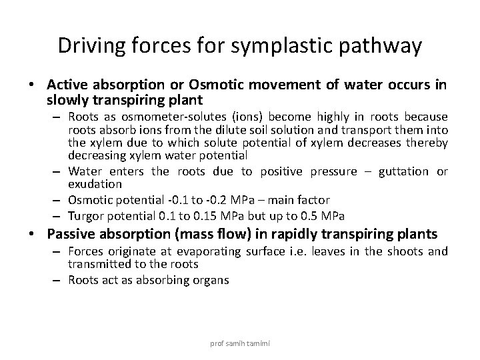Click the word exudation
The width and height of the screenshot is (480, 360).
coord(95,183)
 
